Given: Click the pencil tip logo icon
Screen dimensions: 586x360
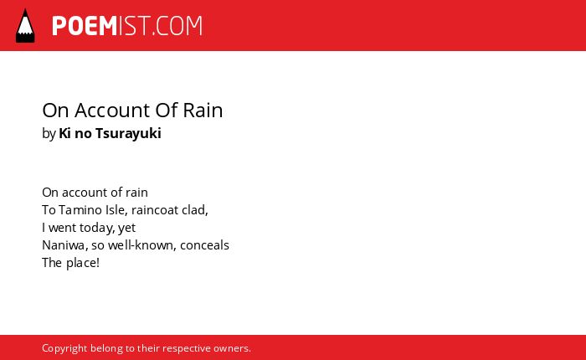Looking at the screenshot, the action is coord(25,26).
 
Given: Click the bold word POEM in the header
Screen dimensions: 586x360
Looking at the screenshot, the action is coord(85,26).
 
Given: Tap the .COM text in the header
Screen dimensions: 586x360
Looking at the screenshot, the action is coord(177,26).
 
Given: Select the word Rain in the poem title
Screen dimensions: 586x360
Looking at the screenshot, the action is coord(203,111).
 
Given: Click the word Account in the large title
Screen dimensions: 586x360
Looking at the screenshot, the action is coord(112,111).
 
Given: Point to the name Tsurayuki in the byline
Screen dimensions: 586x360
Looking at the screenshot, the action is coord(128,133).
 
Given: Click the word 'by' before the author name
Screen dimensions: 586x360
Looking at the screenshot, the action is coord(49,134).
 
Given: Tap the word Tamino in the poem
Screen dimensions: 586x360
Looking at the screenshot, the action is coord(80,210).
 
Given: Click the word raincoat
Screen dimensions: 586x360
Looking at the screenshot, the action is coord(155,210).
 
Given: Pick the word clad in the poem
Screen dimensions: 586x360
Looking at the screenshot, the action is coord(195,210).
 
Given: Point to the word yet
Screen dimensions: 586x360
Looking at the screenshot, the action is coord(126,228).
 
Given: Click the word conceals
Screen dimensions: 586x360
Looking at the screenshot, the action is coord(204,245).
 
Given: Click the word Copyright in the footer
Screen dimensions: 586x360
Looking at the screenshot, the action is coord(64,348).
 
